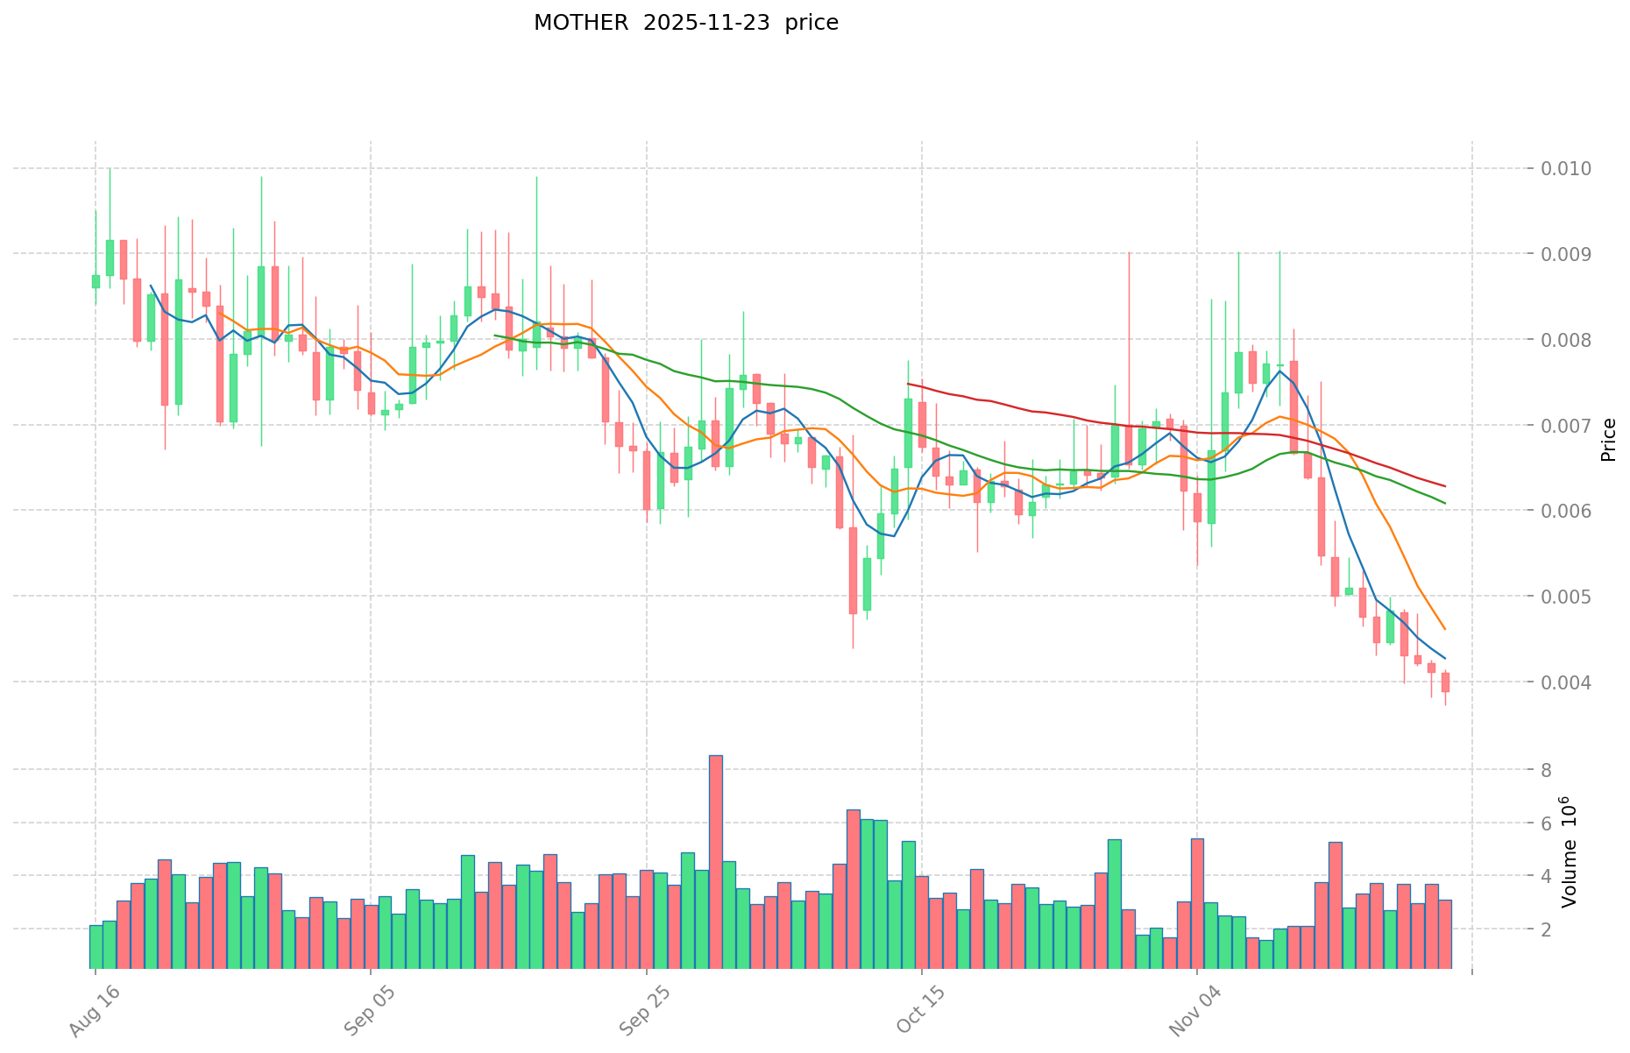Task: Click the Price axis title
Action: [x=1608, y=440]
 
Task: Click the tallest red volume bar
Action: [x=716, y=861]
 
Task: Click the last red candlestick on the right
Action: [x=1445, y=682]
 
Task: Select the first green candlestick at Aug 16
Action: [x=96, y=281]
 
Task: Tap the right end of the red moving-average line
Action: [x=1444, y=486]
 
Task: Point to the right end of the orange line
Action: [x=1444, y=629]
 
